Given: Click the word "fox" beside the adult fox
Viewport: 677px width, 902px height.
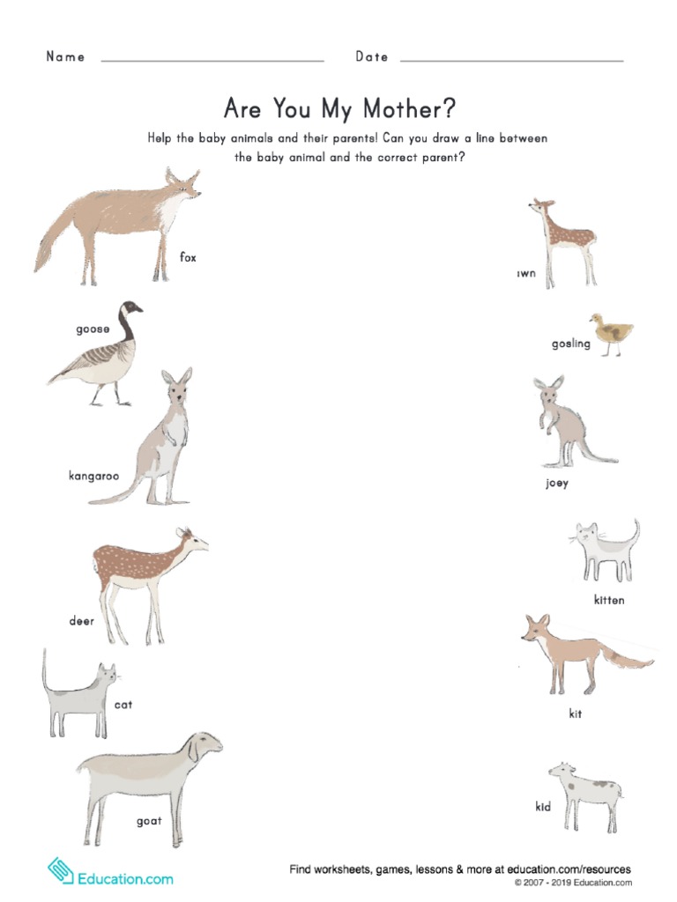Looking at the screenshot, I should pos(188,257).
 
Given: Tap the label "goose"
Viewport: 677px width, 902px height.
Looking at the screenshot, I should pos(93,329).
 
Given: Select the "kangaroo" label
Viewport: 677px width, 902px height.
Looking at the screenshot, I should pos(93,477).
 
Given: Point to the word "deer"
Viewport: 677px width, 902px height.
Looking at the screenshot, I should pos(82,621).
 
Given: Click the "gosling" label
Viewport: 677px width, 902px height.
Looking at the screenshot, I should pos(571,344).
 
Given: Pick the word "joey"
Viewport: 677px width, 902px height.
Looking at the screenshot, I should pos(557,483).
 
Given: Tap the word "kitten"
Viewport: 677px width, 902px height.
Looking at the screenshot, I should pos(609,600).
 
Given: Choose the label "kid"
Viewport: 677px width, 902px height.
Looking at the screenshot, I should pos(543,807).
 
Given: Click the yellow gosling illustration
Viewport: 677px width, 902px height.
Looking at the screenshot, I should pos(612,333).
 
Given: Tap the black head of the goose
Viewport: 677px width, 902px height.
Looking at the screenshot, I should pos(132,309).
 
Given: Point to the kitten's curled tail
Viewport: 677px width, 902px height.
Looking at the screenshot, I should pos(633,532).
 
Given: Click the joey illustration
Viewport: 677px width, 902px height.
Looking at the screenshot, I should pos(564,420).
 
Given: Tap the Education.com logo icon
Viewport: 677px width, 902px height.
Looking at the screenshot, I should pos(61,871).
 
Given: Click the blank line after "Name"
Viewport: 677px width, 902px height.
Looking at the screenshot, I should pos(212,60).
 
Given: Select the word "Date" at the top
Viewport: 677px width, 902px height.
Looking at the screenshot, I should pos(372,56).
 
